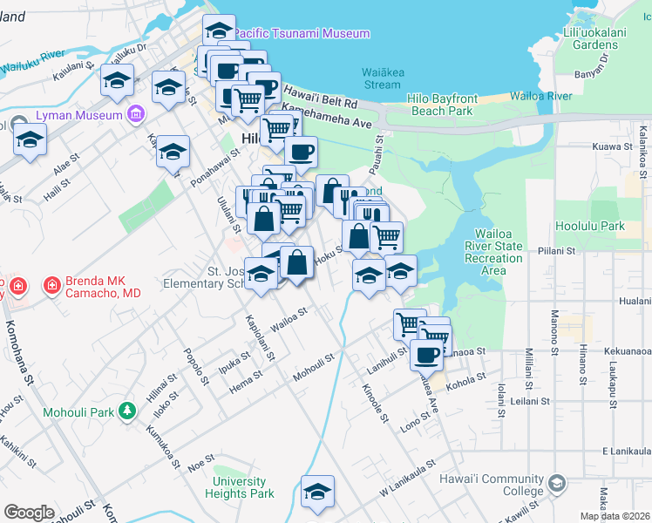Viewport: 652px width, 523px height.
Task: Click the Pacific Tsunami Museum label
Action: click(302, 33)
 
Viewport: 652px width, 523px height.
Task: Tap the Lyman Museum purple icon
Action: click(135, 113)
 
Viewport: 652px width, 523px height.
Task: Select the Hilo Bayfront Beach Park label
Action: click(441, 105)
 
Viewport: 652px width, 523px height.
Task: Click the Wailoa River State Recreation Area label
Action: click(494, 252)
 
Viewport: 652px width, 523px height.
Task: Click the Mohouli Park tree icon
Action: click(127, 409)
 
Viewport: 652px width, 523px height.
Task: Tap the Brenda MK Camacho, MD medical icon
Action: click(51, 284)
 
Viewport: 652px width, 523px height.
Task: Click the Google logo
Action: click(30, 512)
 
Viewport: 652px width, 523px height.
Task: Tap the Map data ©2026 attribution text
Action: click(615, 516)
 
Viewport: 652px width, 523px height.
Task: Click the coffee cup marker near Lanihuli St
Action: click(426, 356)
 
